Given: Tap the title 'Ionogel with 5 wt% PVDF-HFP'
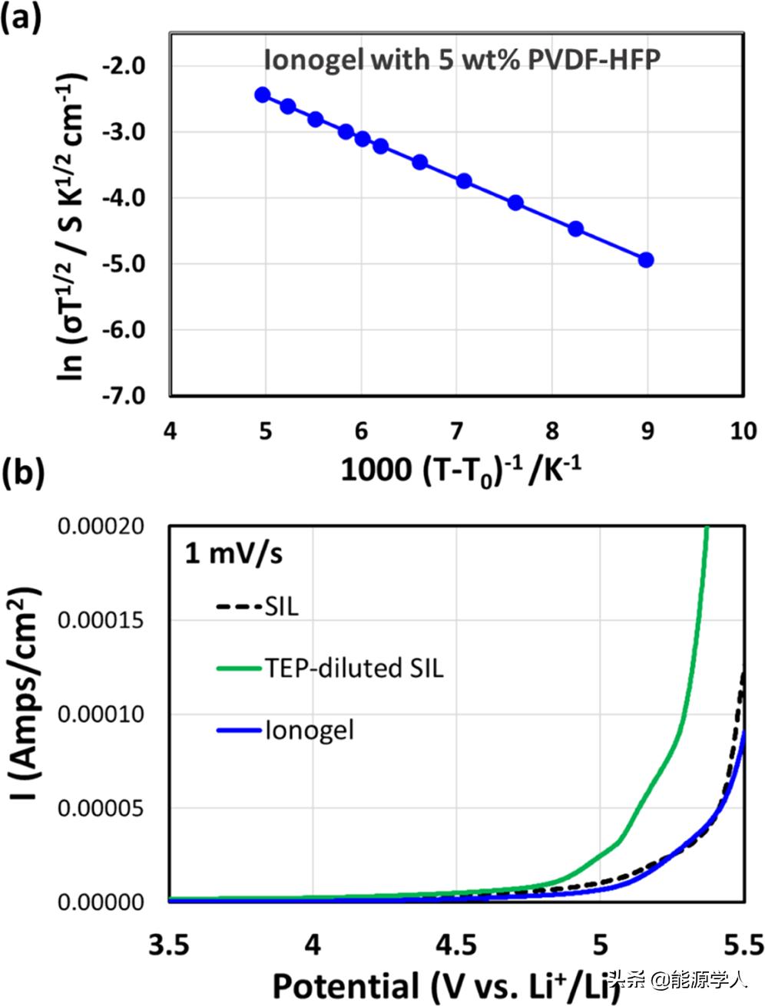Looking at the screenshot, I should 462,60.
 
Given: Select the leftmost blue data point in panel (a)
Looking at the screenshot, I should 263,95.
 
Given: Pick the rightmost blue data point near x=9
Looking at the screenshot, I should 646,260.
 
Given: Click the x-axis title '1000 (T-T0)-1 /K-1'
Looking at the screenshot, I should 460,470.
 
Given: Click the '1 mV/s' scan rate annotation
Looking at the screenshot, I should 233,553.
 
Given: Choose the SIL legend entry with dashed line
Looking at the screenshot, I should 257,607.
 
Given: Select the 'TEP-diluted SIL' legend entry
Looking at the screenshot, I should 330,668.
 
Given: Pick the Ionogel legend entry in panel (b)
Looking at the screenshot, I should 286,729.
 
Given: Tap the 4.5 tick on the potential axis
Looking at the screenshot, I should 455,943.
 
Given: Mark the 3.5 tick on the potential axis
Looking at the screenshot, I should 169,943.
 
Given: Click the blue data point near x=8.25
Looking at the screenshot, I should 575,229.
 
